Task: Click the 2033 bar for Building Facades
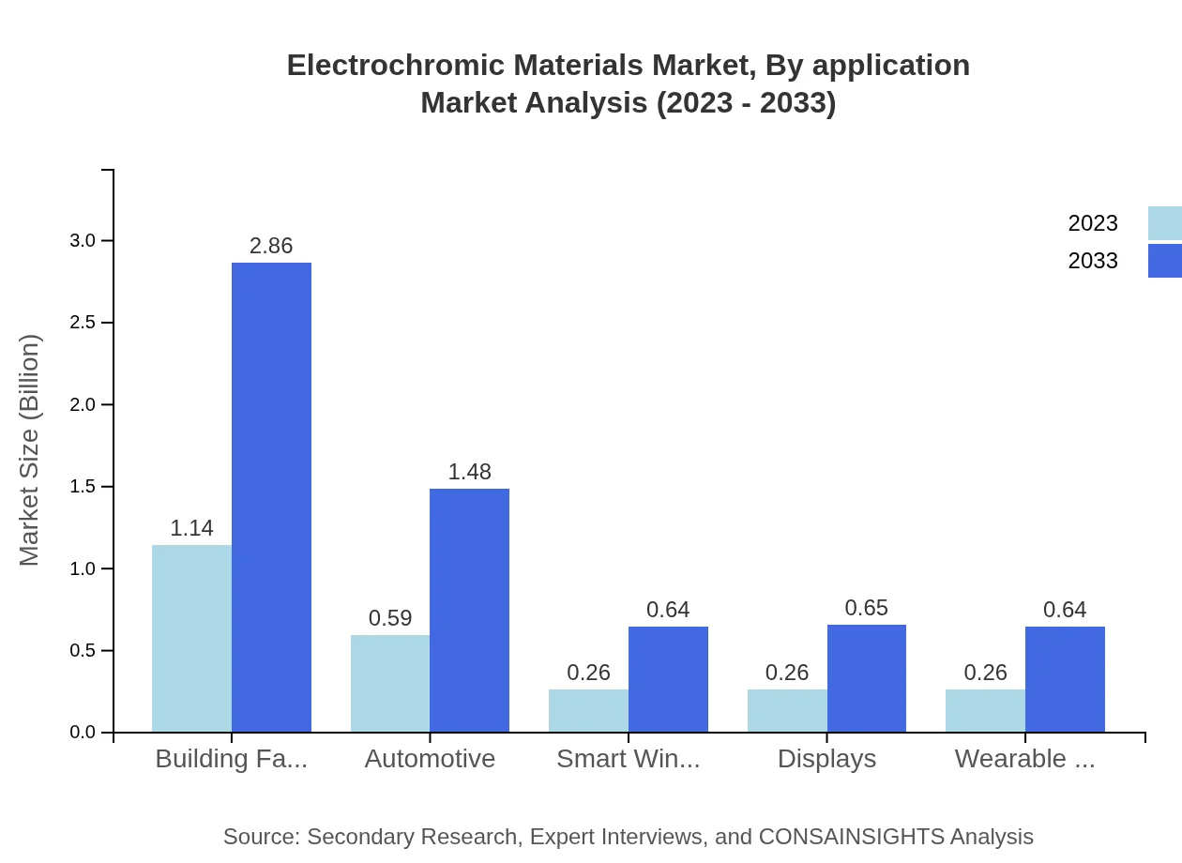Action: tap(271, 497)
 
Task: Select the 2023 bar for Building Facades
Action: tap(191, 638)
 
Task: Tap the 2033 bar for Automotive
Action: tap(469, 610)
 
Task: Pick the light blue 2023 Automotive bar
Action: tap(390, 683)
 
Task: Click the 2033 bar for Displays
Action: tap(866, 678)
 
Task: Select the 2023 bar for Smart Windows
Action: tap(588, 710)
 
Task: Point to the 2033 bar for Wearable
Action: tap(1065, 679)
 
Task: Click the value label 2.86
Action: tap(271, 246)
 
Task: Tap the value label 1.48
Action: tap(469, 472)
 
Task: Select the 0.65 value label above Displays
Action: tap(866, 608)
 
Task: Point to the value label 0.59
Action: tap(390, 618)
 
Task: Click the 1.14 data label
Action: tap(191, 528)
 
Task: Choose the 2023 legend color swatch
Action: tap(1164, 223)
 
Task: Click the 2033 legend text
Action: tap(1093, 261)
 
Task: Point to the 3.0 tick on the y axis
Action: tap(83, 241)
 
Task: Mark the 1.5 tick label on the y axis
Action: tap(83, 487)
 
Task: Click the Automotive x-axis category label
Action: tap(430, 759)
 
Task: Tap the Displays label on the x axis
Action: tap(826, 759)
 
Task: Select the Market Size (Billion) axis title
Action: tap(30, 450)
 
